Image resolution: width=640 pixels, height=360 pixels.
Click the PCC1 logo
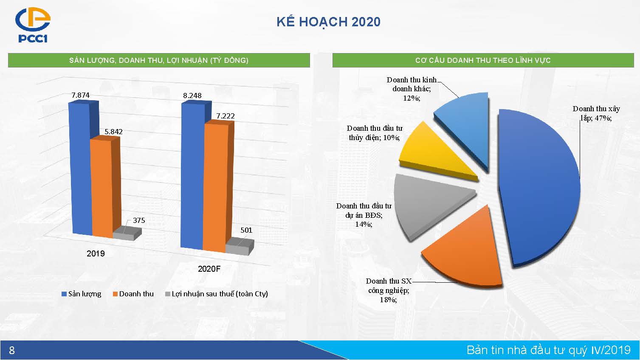click(x=33, y=25)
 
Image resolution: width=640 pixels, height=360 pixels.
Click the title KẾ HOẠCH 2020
click(x=329, y=22)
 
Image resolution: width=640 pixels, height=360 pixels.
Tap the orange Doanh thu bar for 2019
click(x=102, y=188)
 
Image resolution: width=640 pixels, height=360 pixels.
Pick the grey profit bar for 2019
click(x=127, y=234)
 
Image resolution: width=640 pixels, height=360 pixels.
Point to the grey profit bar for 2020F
click(x=240, y=247)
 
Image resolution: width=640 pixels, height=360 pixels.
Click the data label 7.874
click(x=81, y=95)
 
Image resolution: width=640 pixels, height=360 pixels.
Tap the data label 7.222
click(x=226, y=116)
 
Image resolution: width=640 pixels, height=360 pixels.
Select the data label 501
click(x=246, y=230)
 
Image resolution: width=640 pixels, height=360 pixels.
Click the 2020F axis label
click(x=209, y=269)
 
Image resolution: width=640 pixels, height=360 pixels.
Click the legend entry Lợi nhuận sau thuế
click(x=217, y=294)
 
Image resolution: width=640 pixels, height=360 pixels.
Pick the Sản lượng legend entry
click(x=82, y=294)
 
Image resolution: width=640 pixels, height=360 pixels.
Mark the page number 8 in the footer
click(x=12, y=350)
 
